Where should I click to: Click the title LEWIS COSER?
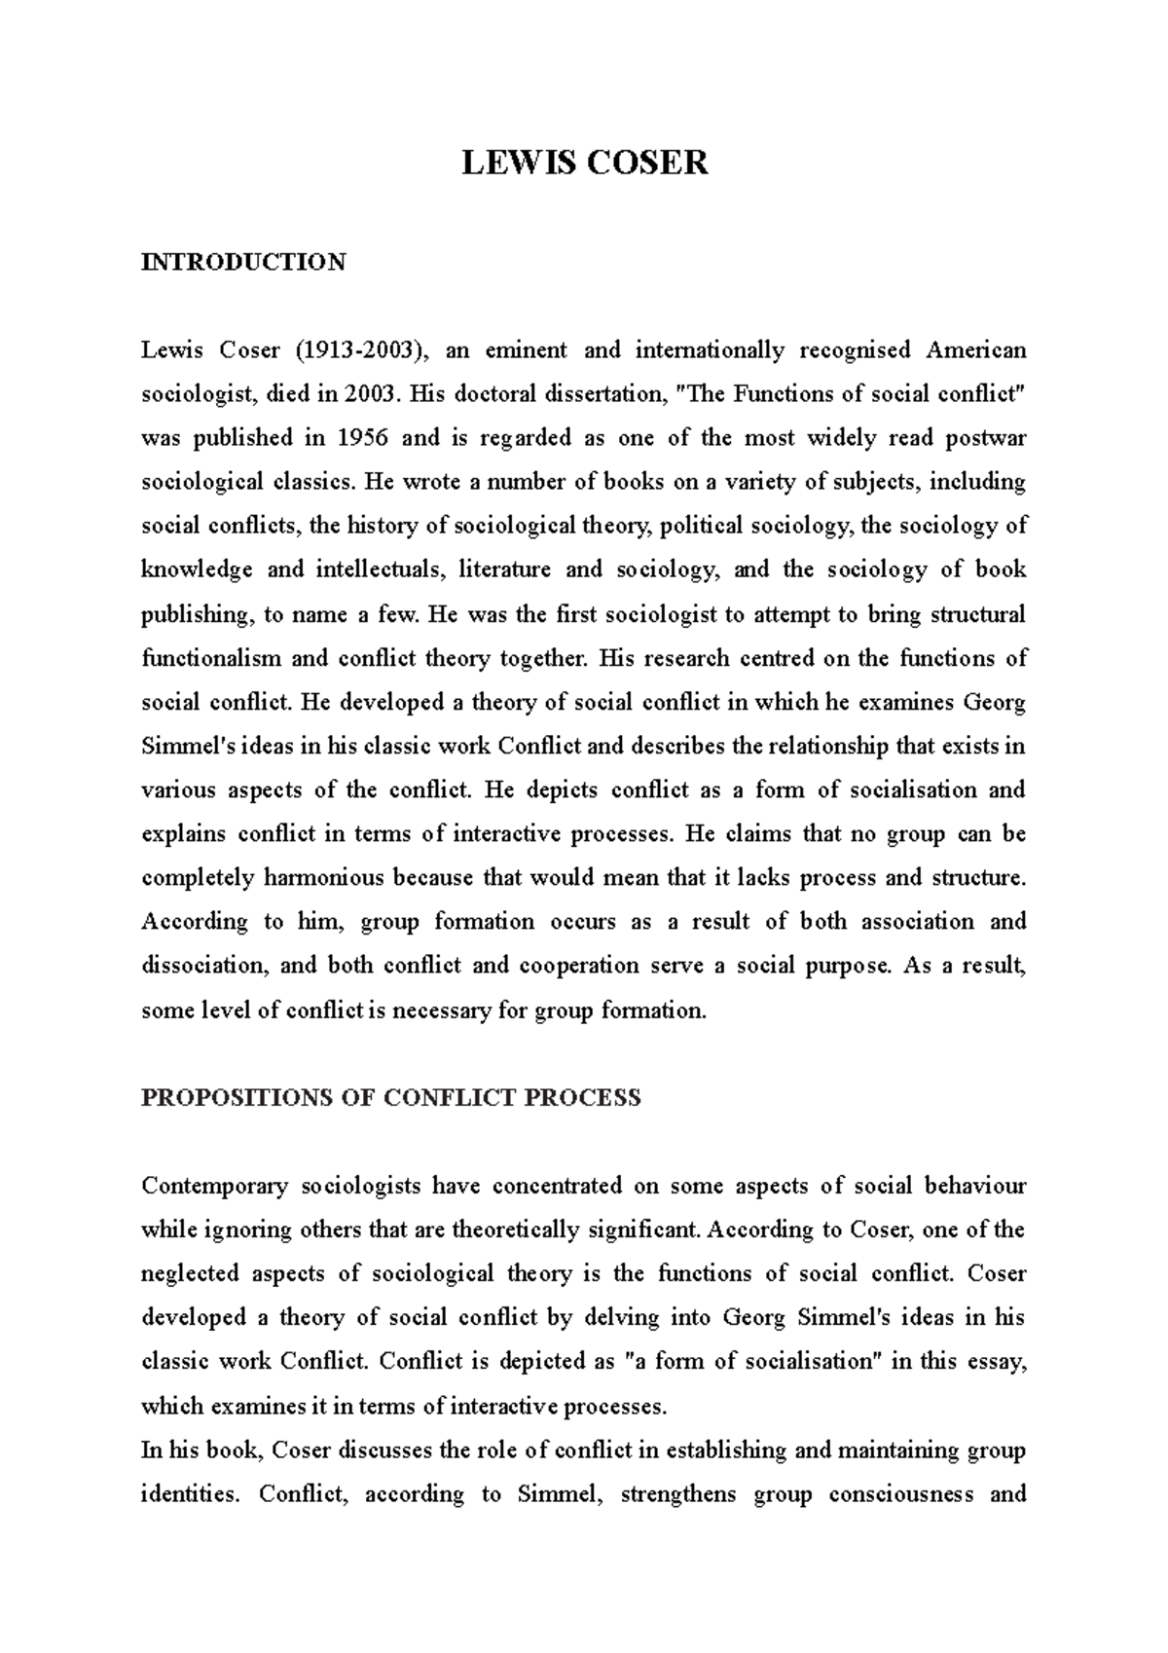pyautogui.click(x=584, y=162)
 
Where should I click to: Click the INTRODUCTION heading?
pyautogui.click(x=243, y=262)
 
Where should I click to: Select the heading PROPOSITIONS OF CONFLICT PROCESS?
pyautogui.click(x=391, y=1098)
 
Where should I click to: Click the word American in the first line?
pyautogui.click(x=975, y=350)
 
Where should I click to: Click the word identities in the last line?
pyautogui.click(x=190, y=1494)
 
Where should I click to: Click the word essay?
pyautogui.click(x=997, y=1362)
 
